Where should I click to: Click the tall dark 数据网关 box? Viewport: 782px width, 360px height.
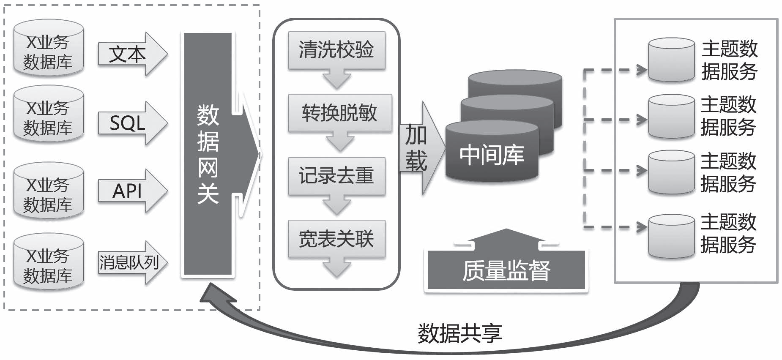[207, 155]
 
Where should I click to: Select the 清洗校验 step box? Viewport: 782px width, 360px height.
[336, 50]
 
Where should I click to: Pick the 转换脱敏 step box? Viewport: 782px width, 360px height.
[339, 113]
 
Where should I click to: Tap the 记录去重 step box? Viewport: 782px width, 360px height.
[336, 176]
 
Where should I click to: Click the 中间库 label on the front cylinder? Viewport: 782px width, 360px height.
[492, 155]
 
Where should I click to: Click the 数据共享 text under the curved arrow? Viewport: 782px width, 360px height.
[460, 334]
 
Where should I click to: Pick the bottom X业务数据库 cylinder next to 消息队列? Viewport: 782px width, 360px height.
[48, 262]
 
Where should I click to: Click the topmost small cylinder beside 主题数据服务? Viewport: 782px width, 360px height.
[671, 60]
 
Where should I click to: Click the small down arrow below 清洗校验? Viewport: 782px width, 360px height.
[336, 79]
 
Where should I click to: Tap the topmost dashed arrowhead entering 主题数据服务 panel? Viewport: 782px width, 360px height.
[642, 70]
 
